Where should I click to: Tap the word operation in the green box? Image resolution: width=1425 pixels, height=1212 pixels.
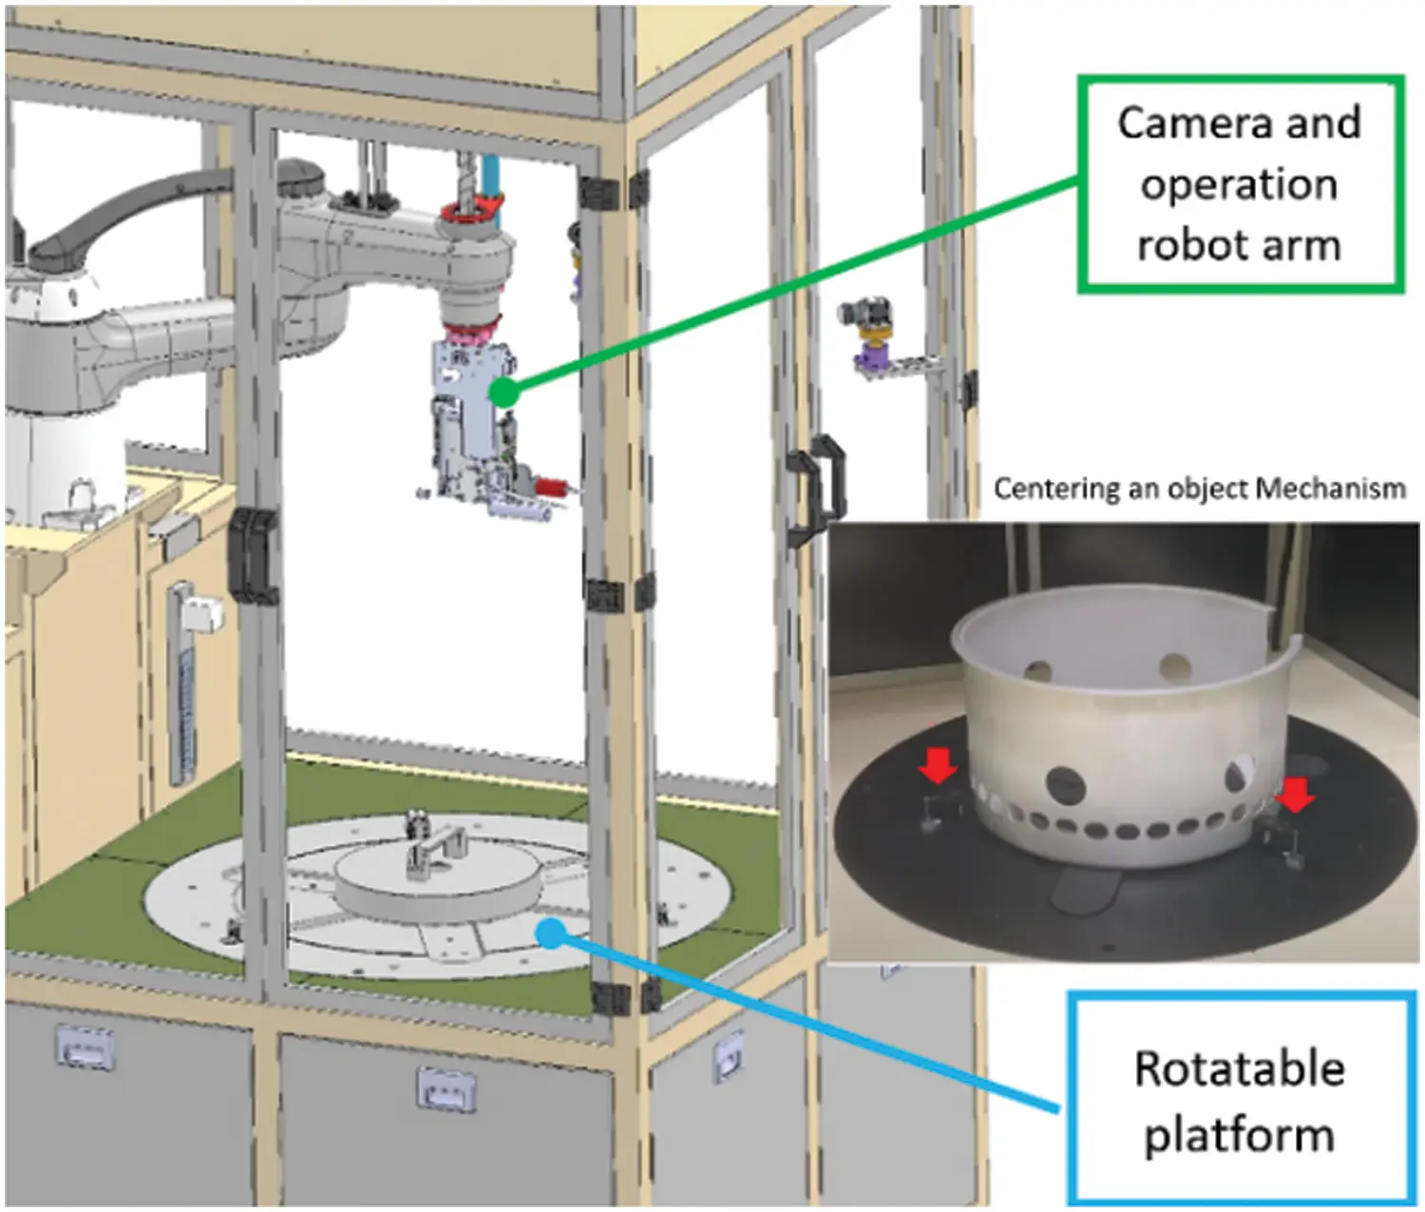tap(1239, 184)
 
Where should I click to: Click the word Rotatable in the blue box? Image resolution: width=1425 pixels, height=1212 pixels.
tap(1239, 1068)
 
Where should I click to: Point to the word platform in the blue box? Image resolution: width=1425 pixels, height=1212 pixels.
tap(1239, 1135)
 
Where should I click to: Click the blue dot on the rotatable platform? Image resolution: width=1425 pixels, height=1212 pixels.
tap(549, 932)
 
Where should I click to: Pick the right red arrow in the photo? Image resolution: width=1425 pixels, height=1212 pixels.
tap(1294, 794)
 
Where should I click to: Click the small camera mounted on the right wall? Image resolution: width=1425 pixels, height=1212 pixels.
tap(865, 315)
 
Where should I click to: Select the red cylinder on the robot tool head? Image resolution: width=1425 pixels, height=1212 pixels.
tap(549, 488)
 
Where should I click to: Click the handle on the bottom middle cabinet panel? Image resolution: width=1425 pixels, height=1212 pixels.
tap(446, 1088)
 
